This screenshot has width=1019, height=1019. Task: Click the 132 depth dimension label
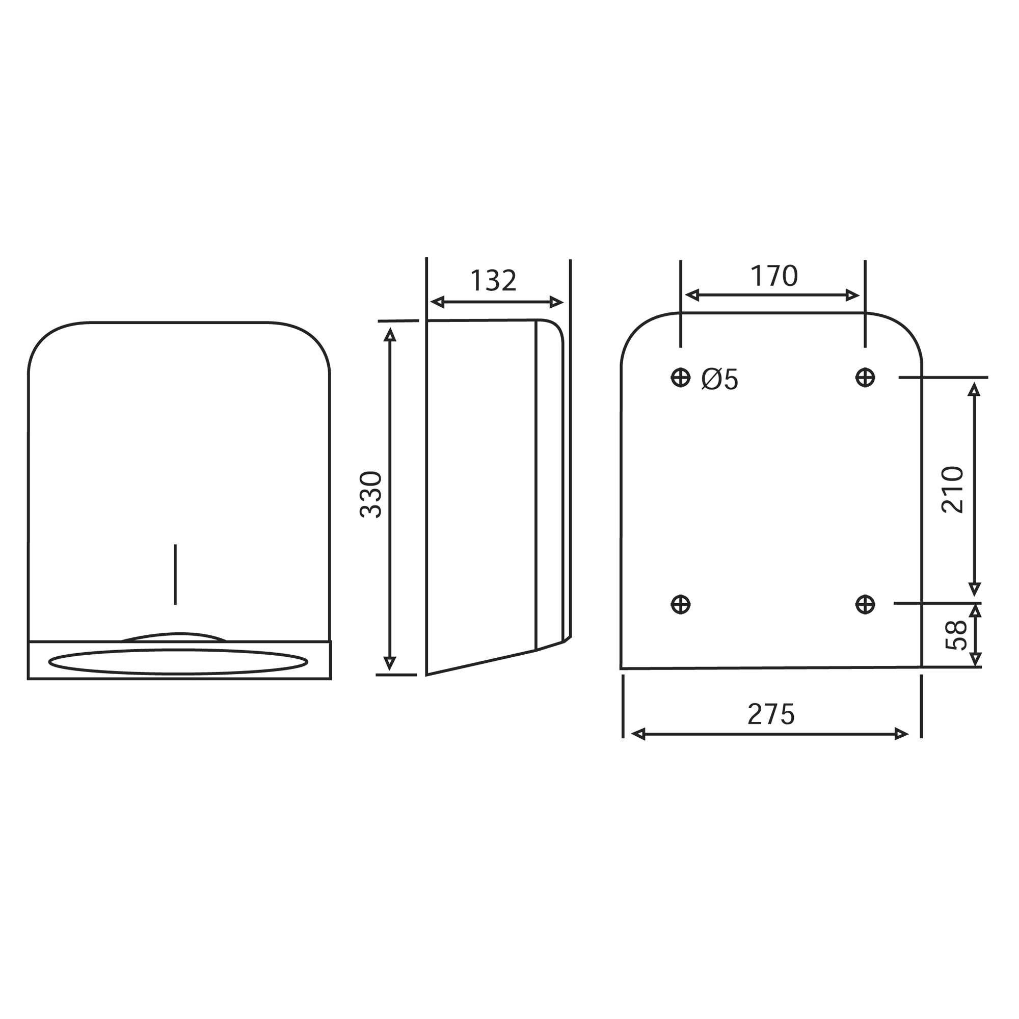(493, 281)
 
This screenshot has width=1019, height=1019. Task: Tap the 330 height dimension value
(371, 494)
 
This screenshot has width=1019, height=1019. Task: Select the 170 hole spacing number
(774, 276)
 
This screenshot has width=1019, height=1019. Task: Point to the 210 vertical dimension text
(953, 490)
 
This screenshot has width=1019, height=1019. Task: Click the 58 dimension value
(956, 635)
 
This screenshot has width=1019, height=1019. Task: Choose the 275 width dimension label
(770, 715)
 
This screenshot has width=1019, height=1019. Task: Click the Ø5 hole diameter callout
(719, 379)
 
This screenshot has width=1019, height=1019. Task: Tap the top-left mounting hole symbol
(680, 377)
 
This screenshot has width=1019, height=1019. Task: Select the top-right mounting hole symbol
(865, 377)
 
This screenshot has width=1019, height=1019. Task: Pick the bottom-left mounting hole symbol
(680, 604)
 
